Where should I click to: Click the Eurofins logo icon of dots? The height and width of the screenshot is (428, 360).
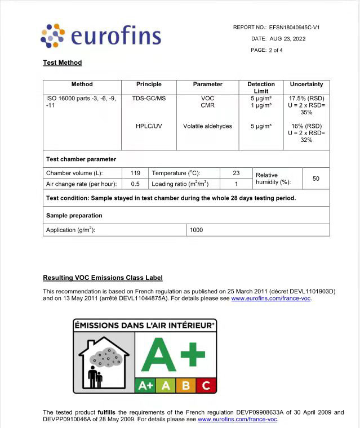point(53,35)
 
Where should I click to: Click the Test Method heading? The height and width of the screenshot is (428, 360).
point(63,63)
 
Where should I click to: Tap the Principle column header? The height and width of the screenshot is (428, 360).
point(149,84)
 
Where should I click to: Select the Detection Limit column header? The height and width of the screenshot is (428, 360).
point(261,87)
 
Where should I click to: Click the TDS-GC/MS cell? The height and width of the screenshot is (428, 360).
point(149,98)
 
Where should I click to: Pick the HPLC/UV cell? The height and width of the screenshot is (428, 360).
point(149,126)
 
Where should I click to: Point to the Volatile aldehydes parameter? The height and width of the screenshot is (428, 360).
point(207,126)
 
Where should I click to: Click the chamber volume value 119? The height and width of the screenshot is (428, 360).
point(135,173)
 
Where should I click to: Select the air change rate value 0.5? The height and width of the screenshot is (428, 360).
point(135,184)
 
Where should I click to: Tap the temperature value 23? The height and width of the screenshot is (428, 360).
point(236,173)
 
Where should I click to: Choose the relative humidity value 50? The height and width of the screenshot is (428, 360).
point(316,179)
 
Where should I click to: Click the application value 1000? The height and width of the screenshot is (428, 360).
point(197,230)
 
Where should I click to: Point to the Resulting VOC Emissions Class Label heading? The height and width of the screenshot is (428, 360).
point(103,278)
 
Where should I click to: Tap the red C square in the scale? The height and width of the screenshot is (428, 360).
point(206,386)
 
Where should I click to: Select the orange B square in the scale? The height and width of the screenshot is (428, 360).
point(186,386)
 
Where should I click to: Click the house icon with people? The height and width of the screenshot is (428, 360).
point(105,360)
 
